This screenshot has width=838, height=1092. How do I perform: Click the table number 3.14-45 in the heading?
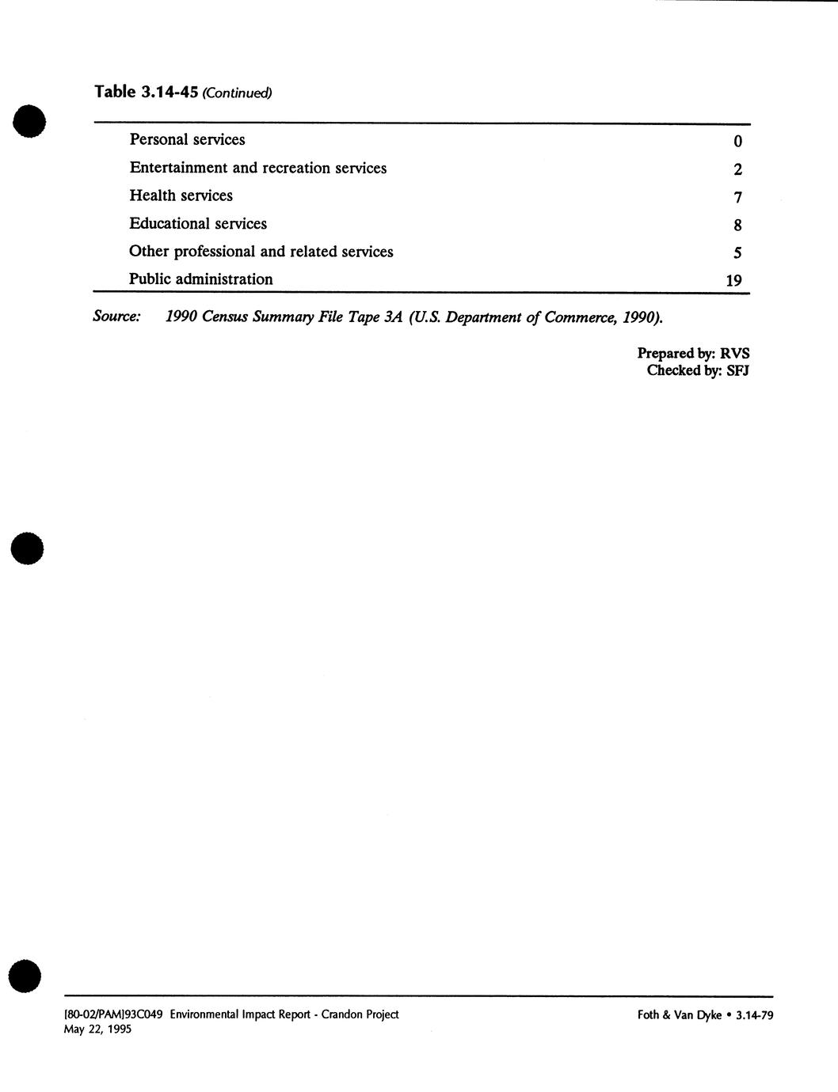(x=169, y=92)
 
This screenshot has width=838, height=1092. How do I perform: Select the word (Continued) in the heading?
(x=238, y=93)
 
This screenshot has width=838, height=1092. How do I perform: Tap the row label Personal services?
(x=187, y=140)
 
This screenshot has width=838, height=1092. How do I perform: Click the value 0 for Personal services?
(x=737, y=142)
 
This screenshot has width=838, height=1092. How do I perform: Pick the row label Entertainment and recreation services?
(x=258, y=168)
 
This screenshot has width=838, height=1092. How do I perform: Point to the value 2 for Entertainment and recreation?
(x=737, y=169)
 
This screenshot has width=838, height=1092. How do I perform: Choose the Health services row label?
(x=181, y=195)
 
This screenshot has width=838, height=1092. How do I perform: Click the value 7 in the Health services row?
(x=737, y=198)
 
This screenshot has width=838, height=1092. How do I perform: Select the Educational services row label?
(x=198, y=224)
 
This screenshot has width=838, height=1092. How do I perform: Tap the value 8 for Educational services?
(x=737, y=226)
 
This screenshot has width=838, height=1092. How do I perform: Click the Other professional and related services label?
(x=261, y=252)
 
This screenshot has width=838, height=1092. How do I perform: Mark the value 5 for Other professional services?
(x=737, y=253)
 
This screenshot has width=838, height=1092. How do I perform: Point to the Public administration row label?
(x=201, y=279)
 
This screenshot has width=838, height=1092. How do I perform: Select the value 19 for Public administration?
(x=733, y=280)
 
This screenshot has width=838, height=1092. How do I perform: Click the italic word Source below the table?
(x=116, y=317)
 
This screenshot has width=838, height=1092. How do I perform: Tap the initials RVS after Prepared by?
(x=734, y=354)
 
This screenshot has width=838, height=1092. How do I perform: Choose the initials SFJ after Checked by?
(x=737, y=370)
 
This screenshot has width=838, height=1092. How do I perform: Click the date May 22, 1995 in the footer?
(x=97, y=1029)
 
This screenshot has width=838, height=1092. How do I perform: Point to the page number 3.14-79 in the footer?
(x=754, y=1015)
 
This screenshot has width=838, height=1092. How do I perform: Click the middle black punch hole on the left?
(x=26, y=548)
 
